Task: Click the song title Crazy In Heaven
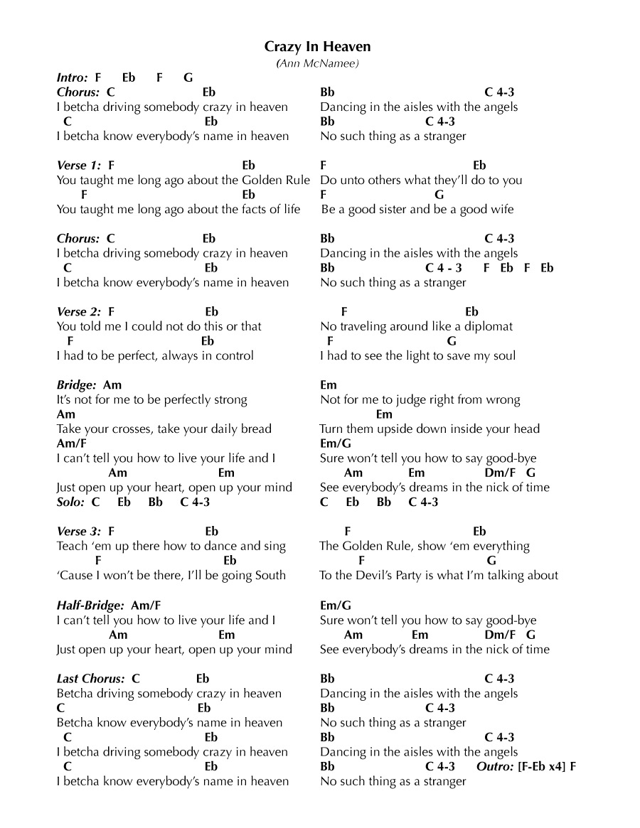[318, 47]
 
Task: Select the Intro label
[73, 77]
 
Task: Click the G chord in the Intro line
[188, 77]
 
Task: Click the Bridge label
[76, 385]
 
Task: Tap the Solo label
[70, 502]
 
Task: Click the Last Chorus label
[90, 679]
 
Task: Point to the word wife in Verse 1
[501, 210]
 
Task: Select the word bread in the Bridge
[256, 429]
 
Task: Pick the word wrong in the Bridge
[503, 400]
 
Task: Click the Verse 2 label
[78, 312]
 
